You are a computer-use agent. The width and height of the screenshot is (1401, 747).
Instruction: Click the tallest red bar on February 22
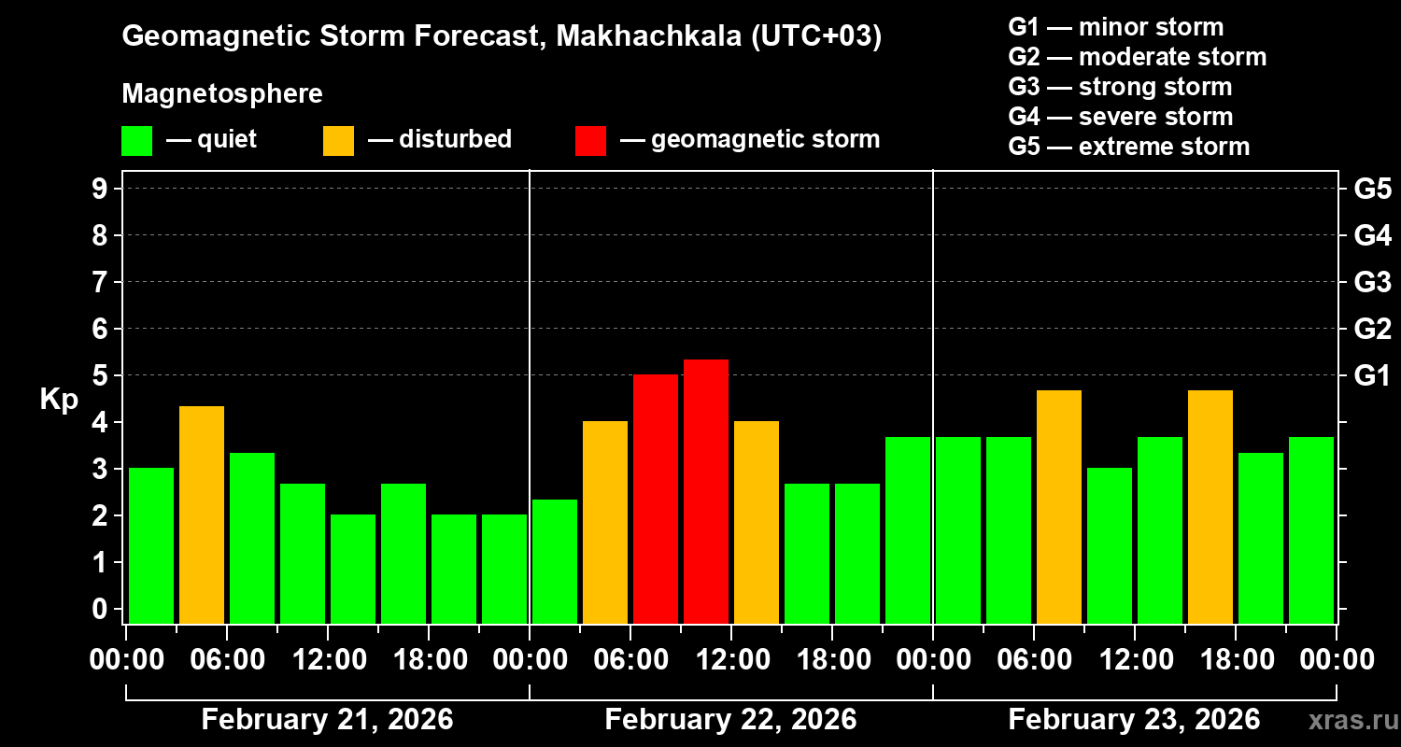(706, 491)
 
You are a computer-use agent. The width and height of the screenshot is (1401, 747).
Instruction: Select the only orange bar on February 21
(202, 514)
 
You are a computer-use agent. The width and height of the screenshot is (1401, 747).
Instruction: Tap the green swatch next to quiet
(136, 140)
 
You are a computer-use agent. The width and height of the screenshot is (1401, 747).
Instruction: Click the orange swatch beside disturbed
(338, 140)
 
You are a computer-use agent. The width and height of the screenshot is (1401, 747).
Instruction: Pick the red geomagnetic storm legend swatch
(590, 140)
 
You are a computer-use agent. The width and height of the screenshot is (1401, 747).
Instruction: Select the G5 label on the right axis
(1372, 189)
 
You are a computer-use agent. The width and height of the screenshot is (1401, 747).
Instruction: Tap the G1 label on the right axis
(1372, 375)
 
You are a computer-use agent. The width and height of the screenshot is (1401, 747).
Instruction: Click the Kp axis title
(58, 399)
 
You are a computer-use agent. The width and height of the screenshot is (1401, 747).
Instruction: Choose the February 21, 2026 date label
(327, 720)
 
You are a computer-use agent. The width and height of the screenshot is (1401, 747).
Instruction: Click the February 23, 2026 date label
(1134, 720)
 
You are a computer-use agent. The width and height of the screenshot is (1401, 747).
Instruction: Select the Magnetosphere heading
(222, 94)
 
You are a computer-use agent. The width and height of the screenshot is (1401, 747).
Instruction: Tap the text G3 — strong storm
(1120, 87)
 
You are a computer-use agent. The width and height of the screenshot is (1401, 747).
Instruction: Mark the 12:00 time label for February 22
(732, 660)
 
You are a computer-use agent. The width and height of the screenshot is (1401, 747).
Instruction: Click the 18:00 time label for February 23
(1237, 660)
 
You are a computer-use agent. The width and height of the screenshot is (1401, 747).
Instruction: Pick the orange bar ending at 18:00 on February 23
(1210, 506)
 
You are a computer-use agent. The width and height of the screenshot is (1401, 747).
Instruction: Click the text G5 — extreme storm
(1128, 147)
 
